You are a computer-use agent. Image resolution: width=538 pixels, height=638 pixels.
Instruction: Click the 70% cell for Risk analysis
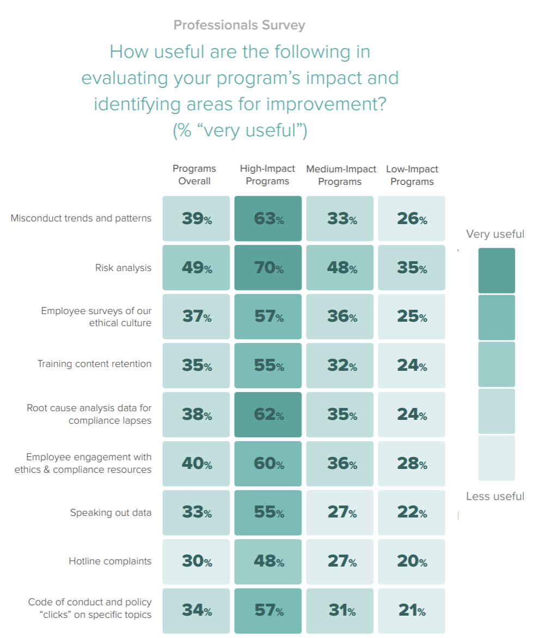coord(268,268)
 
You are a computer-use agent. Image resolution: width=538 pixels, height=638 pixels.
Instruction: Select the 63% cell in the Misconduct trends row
coord(268,219)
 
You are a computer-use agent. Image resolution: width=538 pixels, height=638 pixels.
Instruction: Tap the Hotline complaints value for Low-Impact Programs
coord(412,562)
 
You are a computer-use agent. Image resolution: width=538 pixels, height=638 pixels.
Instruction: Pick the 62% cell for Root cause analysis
coord(268,414)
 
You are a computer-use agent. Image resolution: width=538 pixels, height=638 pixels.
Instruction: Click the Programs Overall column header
coord(194,175)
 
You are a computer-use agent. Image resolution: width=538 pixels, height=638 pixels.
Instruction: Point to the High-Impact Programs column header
coord(267,175)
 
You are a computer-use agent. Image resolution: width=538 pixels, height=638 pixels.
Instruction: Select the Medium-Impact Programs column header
coord(340,175)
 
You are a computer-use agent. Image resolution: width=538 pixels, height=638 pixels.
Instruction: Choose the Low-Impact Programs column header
coord(412,175)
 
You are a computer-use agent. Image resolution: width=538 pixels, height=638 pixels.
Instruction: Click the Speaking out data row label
coord(111,513)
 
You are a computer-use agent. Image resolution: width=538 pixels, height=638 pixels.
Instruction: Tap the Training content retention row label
coord(94,364)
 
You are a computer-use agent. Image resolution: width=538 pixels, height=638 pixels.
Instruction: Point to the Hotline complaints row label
coord(110,561)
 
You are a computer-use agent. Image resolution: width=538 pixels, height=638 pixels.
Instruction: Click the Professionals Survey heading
coord(239,25)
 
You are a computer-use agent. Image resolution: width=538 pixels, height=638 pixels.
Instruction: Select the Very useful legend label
coord(495,234)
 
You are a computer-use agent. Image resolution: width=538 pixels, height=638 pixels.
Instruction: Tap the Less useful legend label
coord(495,497)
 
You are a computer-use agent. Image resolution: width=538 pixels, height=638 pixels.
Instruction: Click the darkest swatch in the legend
coord(497,270)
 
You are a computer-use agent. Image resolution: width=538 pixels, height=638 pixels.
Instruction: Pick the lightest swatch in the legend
coord(497,458)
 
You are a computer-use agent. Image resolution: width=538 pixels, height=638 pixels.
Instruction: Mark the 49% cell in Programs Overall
coord(196,268)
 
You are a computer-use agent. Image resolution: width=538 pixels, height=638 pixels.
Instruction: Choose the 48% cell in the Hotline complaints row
coord(268,562)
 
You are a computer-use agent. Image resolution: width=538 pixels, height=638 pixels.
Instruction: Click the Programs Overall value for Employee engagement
coord(196,464)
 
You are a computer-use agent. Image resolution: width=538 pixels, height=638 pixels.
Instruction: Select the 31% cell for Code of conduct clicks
coord(340,611)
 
